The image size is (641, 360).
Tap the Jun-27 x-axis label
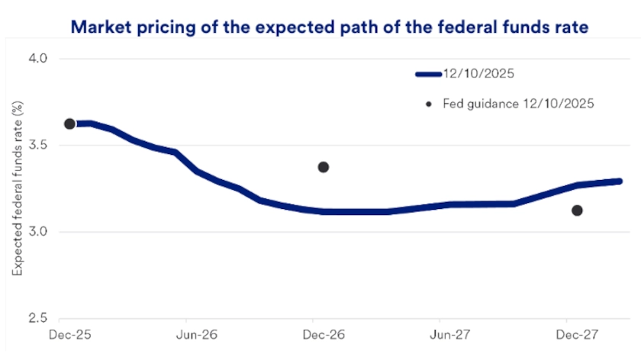coord(440,334)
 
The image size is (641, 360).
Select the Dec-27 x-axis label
coord(566,334)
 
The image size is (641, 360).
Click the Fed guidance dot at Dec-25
coord(69,124)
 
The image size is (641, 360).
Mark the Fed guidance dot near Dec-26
coord(324,167)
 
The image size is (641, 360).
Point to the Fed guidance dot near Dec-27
coord(577,211)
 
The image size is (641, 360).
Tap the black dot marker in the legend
coord(429,103)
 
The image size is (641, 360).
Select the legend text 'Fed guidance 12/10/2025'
coord(518,103)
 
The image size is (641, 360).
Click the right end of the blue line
coord(620,182)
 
